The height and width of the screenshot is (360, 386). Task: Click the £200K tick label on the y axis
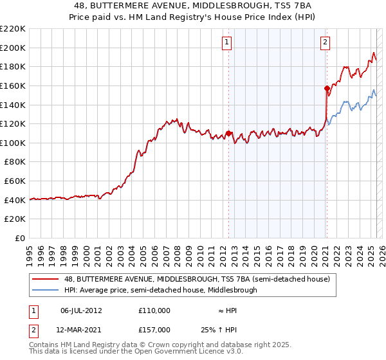(x=13, y=48)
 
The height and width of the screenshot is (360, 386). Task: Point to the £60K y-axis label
(x=15, y=181)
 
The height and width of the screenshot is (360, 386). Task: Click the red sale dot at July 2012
(x=228, y=133)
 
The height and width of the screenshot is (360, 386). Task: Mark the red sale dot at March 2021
(x=327, y=88)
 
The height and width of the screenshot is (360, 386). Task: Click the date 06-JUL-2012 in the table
(x=81, y=310)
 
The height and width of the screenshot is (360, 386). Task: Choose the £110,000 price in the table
(x=154, y=310)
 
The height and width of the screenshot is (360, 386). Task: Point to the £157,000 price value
(x=154, y=329)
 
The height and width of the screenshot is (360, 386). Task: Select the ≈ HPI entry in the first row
(x=226, y=310)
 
